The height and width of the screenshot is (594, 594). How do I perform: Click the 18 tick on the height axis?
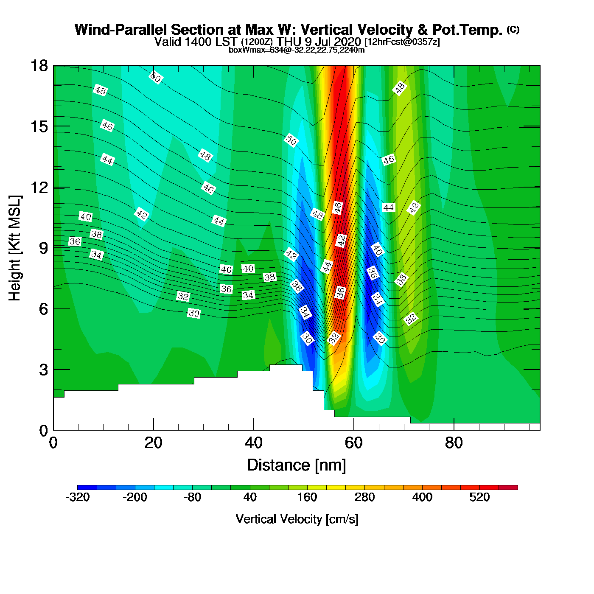pyautogui.click(x=39, y=66)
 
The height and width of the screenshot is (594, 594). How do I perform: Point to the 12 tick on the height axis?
pyautogui.click(x=39, y=187)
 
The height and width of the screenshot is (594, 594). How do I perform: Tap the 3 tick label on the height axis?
pyautogui.click(x=43, y=370)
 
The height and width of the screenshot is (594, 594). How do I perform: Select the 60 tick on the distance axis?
pyautogui.click(x=353, y=443)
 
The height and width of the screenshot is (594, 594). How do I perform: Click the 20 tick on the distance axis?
pyautogui.click(x=153, y=443)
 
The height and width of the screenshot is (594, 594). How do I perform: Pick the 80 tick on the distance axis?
pyautogui.click(x=454, y=443)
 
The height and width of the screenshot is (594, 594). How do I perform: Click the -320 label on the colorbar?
pyautogui.click(x=78, y=497)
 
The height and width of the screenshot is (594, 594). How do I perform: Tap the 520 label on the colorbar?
pyautogui.click(x=479, y=497)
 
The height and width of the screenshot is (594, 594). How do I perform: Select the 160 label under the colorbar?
pyautogui.click(x=307, y=497)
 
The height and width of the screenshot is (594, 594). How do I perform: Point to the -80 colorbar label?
pyautogui.click(x=192, y=497)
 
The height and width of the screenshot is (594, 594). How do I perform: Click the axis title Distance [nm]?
pyautogui.click(x=297, y=465)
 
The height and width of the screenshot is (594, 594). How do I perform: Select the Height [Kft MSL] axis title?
pyautogui.click(x=15, y=248)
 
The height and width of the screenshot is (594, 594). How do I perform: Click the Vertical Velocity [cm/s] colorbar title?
pyautogui.click(x=297, y=519)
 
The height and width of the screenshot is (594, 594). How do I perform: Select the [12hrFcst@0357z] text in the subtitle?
pyautogui.click(x=402, y=42)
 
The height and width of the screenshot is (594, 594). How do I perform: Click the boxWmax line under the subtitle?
pyautogui.click(x=297, y=50)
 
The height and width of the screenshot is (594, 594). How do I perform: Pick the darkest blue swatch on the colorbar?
pyautogui.click(x=87, y=487)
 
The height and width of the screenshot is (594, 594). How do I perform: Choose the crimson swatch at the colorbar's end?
pyautogui.click(x=508, y=487)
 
